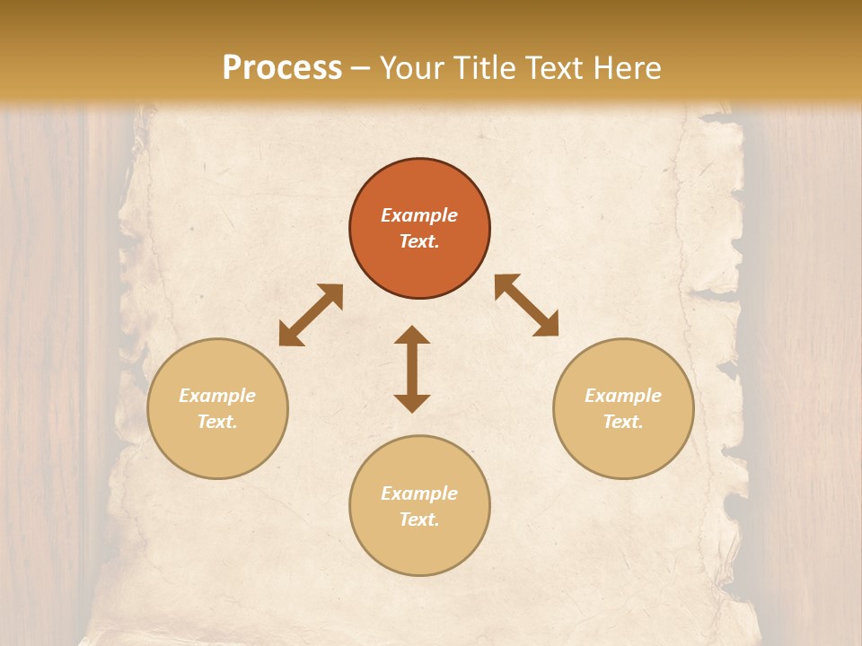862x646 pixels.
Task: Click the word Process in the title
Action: pyautogui.click(x=282, y=68)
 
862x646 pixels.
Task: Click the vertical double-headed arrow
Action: pyautogui.click(x=412, y=369)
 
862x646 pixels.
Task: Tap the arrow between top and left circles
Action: pyautogui.click(x=311, y=315)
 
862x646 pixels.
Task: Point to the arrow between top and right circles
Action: pyautogui.click(x=526, y=305)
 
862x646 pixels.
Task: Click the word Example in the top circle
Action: pyautogui.click(x=419, y=215)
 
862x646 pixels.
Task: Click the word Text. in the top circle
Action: pyautogui.click(x=419, y=241)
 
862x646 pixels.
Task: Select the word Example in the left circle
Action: pyautogui.click(x=217, y=396)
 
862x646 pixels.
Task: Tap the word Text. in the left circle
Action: pyautogui.click(x=217, y=422)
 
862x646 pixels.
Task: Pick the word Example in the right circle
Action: pyautogui.click(x=623, y=396)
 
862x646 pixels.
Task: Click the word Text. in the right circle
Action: pyautogui.click(x=623, y=422)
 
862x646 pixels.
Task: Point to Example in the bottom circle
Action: pyautogui.click(x=419, y=493)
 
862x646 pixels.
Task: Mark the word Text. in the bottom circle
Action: pyautogui.click(x=419, y=519)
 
